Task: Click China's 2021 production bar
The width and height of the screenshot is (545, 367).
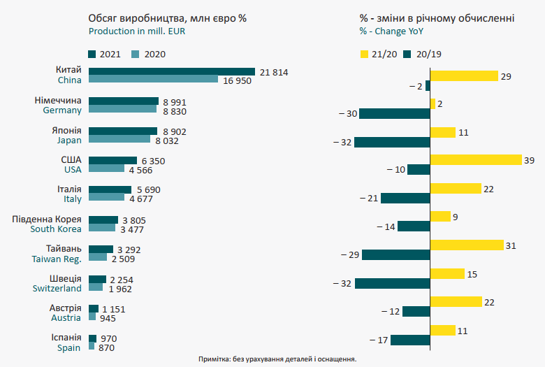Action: [171, 71]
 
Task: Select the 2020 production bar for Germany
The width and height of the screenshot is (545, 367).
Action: [122, 109]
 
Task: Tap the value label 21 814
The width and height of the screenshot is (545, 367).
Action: [274, 72]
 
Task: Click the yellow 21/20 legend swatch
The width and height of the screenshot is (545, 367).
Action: [364, 54]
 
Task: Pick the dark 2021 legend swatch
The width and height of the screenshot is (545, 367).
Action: [92, 54]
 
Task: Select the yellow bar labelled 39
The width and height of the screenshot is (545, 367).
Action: [476, 159]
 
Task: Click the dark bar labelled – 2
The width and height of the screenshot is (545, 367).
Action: [427, 85]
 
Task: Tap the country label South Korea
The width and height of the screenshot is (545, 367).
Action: [56, 229]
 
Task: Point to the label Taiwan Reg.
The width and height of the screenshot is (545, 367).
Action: [57, 259]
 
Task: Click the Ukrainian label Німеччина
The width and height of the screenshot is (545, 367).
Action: [58, 100]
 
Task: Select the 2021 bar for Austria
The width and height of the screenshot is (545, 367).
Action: [93, 308]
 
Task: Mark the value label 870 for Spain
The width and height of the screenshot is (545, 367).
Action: [106, 347]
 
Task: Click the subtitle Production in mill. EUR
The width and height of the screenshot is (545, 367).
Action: [138, 31]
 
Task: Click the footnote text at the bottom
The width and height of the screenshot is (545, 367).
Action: [277, 359]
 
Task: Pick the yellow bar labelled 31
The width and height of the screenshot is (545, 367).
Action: [466, 245]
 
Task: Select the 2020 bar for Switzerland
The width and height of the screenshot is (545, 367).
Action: [96, 287]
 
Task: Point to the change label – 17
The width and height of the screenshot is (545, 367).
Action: [377, 340]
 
